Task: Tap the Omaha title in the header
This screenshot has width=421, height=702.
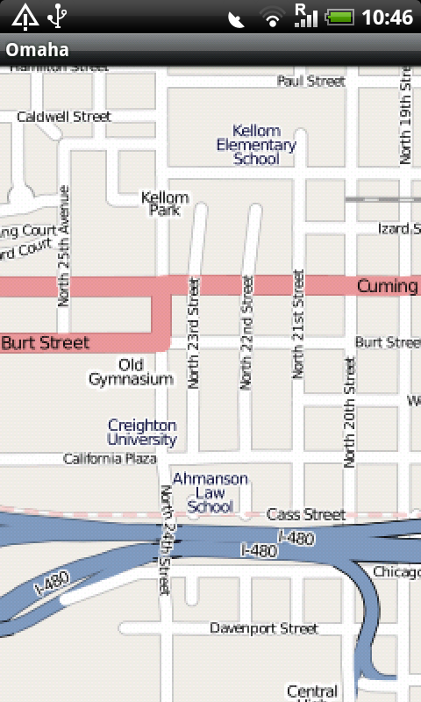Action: click(38, 49)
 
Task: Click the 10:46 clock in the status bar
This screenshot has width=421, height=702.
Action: click(387, 17)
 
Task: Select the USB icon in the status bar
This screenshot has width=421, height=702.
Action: click(59, 16)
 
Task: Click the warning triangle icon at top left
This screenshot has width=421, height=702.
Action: click(25, 16)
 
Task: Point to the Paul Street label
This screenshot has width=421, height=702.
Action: click(311, 81)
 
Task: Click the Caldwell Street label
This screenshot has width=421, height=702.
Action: click(64, 116)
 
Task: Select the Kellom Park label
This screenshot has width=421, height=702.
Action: click(165, 204)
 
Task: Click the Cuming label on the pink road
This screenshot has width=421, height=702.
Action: click(387, 286)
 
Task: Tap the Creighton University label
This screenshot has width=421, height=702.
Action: click(142, 433)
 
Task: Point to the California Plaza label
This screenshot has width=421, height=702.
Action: click(111, 459)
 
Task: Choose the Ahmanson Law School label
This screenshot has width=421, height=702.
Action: click(210, 493)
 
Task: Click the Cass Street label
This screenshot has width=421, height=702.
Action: click(306, 513)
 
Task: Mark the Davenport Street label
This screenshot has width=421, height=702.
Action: click(264, 628)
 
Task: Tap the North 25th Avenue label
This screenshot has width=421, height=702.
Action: click(63, 246)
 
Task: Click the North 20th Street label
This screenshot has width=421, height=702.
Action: click(350, 412)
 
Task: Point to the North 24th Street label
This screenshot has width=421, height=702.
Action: click(166, 540)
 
